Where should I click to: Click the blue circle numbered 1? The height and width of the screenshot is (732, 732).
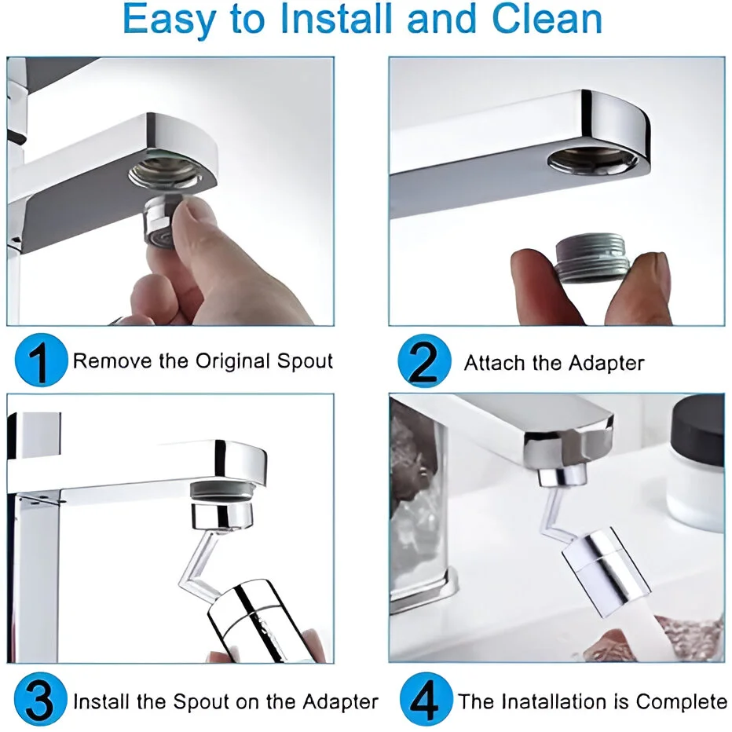coord(41,360)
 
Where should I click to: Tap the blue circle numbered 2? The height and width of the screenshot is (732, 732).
coord(424,361)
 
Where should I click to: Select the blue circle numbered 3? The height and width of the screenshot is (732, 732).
coord(41,699)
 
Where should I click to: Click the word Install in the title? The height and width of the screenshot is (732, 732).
coord(335,19)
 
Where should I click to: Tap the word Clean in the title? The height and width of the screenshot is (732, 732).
coord(547,19)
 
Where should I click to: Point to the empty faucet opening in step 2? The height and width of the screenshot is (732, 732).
coord(592,161)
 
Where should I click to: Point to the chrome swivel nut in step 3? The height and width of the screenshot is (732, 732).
coord(223,517)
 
